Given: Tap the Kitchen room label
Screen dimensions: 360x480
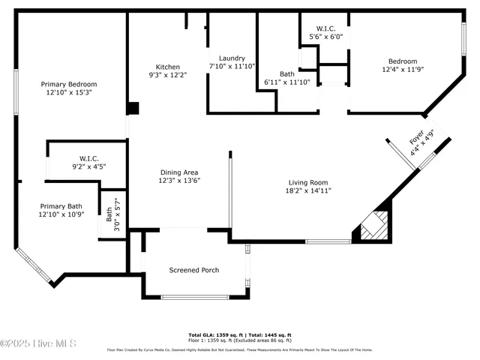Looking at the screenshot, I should point(167,66).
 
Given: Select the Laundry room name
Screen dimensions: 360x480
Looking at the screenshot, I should point(232,58).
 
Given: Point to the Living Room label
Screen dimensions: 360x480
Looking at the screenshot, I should point(308,182).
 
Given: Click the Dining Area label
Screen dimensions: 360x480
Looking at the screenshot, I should point(178,172).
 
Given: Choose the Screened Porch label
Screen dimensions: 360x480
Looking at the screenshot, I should point(193,270).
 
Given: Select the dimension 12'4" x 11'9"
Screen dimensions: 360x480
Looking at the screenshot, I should point(403,70).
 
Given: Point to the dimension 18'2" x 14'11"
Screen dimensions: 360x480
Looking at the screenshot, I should point(308,190).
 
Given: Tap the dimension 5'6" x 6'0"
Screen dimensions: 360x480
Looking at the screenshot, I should point(325,36).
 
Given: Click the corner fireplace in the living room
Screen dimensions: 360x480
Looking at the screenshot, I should point(372,224).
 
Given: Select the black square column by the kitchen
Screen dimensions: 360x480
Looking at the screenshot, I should point(133,108).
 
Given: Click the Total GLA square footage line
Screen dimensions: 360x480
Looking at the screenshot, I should point(239,334).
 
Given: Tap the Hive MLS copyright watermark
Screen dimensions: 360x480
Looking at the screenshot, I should point(39,343).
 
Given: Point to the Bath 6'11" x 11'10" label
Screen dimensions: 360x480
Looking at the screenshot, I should point(287,78).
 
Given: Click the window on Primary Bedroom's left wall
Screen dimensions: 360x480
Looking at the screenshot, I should point(15,92).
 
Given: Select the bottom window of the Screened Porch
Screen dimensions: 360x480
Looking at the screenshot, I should point(195,297).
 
